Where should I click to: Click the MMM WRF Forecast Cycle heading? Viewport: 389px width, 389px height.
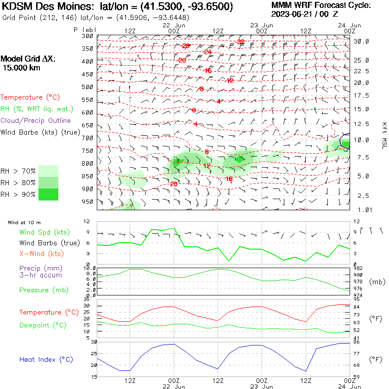click(x=321, y=5)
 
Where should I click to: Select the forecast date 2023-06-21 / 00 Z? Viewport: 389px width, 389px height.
click(x=305, y=14)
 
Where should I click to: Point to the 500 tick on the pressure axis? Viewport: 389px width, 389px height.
click(x=88, y=87)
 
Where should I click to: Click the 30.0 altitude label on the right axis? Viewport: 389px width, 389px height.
click(x=361, y=41)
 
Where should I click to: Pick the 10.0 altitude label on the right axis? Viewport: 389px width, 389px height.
click(x=361, y=139)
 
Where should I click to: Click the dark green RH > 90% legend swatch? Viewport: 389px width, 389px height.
click(x=49, y=194)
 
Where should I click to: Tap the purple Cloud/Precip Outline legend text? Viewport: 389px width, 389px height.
click(x=36, y=120)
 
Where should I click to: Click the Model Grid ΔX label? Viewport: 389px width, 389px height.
click(x=28, y=59)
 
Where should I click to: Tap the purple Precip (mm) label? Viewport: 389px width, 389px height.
click(x=41, y=268)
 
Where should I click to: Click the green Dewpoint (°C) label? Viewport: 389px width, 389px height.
click(x=43, y=325)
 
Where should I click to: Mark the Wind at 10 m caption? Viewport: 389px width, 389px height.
click(x=25, y=223)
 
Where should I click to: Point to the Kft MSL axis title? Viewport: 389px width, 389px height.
click(x=383, y=132)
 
